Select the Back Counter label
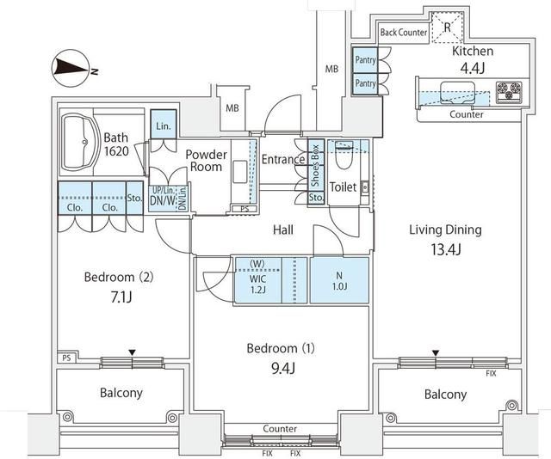(404, 33)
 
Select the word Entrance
(283, 160)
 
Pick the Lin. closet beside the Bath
(163, 125)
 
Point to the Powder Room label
(207, 161)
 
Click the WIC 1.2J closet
(257, 281)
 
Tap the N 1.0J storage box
(338, 280)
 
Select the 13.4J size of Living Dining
(445, 250)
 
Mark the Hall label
(283, 229)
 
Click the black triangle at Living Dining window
(436, 353)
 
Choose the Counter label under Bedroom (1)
(280, 428)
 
